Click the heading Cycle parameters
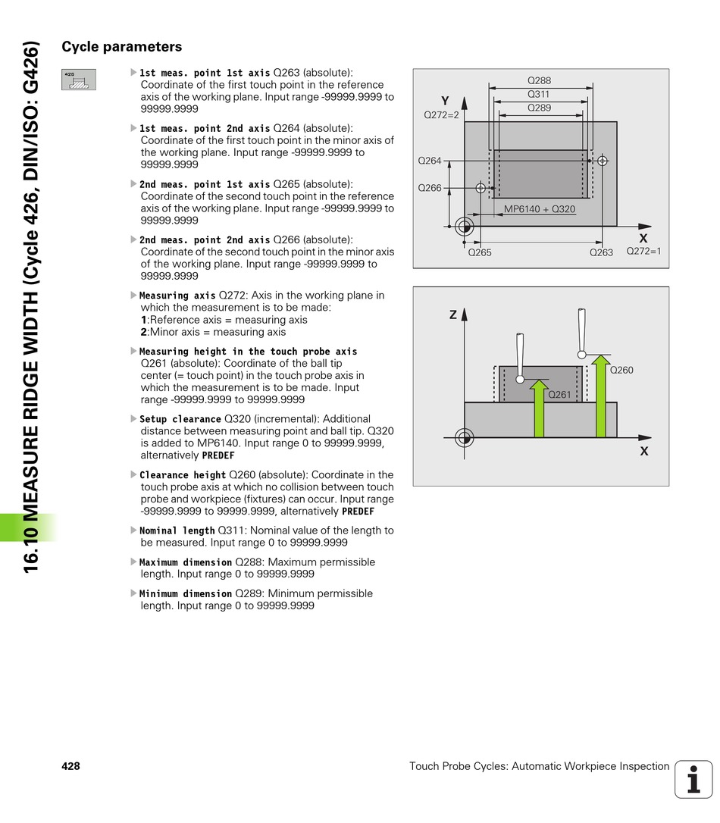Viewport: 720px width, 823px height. [x=121, y=47]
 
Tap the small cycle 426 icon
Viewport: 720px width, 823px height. [x=79, y=80]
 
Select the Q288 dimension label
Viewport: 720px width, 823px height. [x=539, y=80]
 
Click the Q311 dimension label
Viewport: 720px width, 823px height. [x=539, y=95]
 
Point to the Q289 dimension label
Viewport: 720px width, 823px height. [x=539, y=108]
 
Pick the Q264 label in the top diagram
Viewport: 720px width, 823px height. [x=430, y=161]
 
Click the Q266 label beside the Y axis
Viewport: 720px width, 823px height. [x=430, y=187]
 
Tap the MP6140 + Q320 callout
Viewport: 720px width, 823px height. [x=540, y=209]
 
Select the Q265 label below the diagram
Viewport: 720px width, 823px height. [x=479, y=252]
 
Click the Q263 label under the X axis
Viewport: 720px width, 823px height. [x=601, y=252]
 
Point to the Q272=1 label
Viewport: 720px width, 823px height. [x=643, y=251]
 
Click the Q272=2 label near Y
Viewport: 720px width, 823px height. [x=442, y=115]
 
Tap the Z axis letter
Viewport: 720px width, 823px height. [x=452, y=314]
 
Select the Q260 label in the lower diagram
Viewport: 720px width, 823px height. [x=621, y=370]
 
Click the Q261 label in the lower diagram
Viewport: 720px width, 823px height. [x=559, y=394]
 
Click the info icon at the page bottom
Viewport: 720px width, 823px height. [x=693, y=779]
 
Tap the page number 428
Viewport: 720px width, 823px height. [x=70, y=766]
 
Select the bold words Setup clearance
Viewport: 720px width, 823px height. [x=180, y=419]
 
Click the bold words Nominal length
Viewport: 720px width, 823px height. [x=177, y=531]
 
